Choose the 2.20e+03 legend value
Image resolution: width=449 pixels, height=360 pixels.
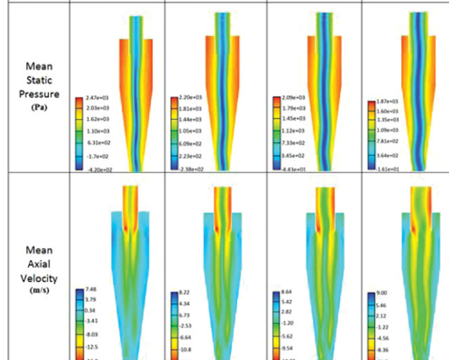pyautogui.click(x=188, y=97)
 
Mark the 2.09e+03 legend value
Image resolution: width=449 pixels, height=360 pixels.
pyautogui.click(x=290, y=97)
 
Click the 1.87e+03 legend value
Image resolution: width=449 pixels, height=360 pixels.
pyautogui.click(x=385, y=102)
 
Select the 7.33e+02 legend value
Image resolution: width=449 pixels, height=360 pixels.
pyautogui.click(x=290, y=142)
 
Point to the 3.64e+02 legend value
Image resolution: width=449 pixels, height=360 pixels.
pyautogui.click(x=385, y=154)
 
